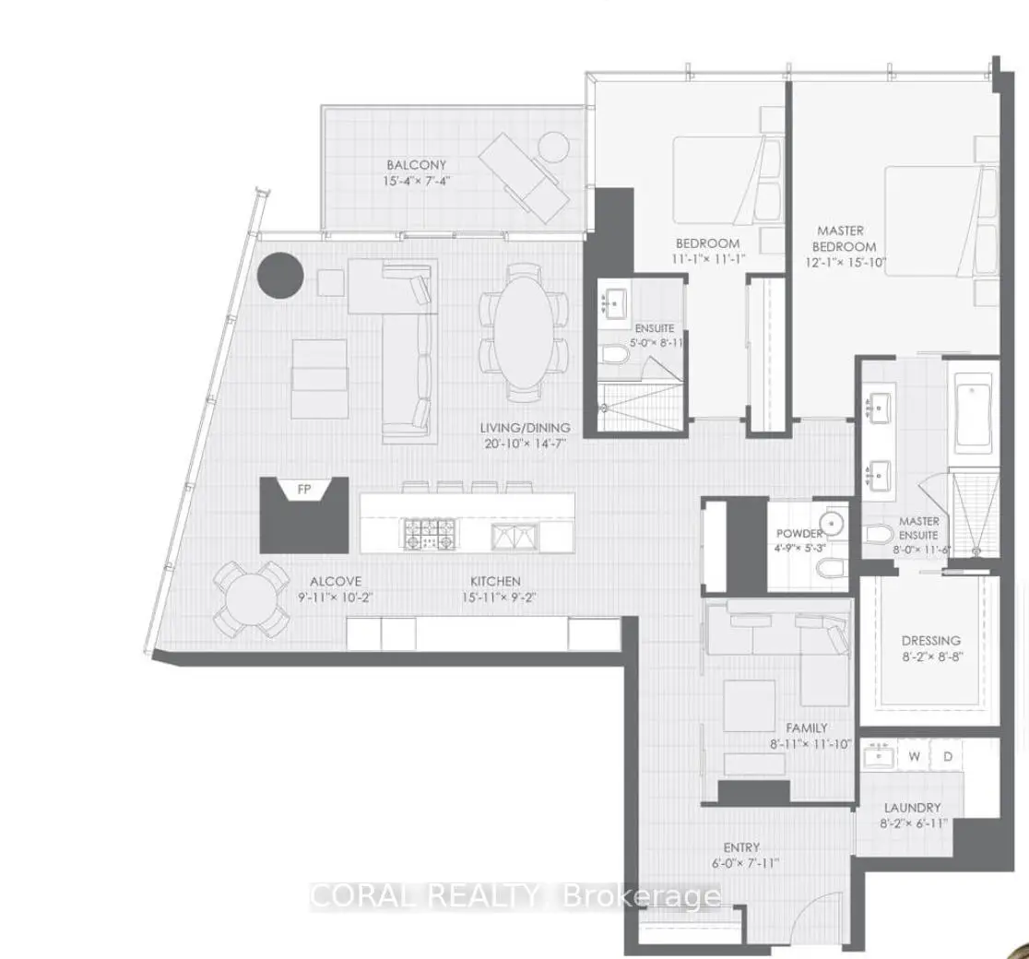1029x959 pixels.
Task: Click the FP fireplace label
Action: (304, 490)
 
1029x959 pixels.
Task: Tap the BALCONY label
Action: (416, 165)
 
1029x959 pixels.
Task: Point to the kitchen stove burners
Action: (429, 533)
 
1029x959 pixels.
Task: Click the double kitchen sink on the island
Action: (515, 536)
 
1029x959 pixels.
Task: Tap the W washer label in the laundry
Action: (914, 757)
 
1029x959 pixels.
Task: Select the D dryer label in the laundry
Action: (948, 757)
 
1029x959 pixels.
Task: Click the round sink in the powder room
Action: (833, 524)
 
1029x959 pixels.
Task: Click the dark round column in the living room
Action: (280, 276)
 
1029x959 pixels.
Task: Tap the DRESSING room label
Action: (931, 641)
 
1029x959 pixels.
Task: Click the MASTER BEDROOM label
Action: (843, 239)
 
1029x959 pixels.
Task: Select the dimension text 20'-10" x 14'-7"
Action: (523, 444)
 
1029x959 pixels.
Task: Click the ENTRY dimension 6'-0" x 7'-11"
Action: (745, 863)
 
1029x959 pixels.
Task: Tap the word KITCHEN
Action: (495, 581)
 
